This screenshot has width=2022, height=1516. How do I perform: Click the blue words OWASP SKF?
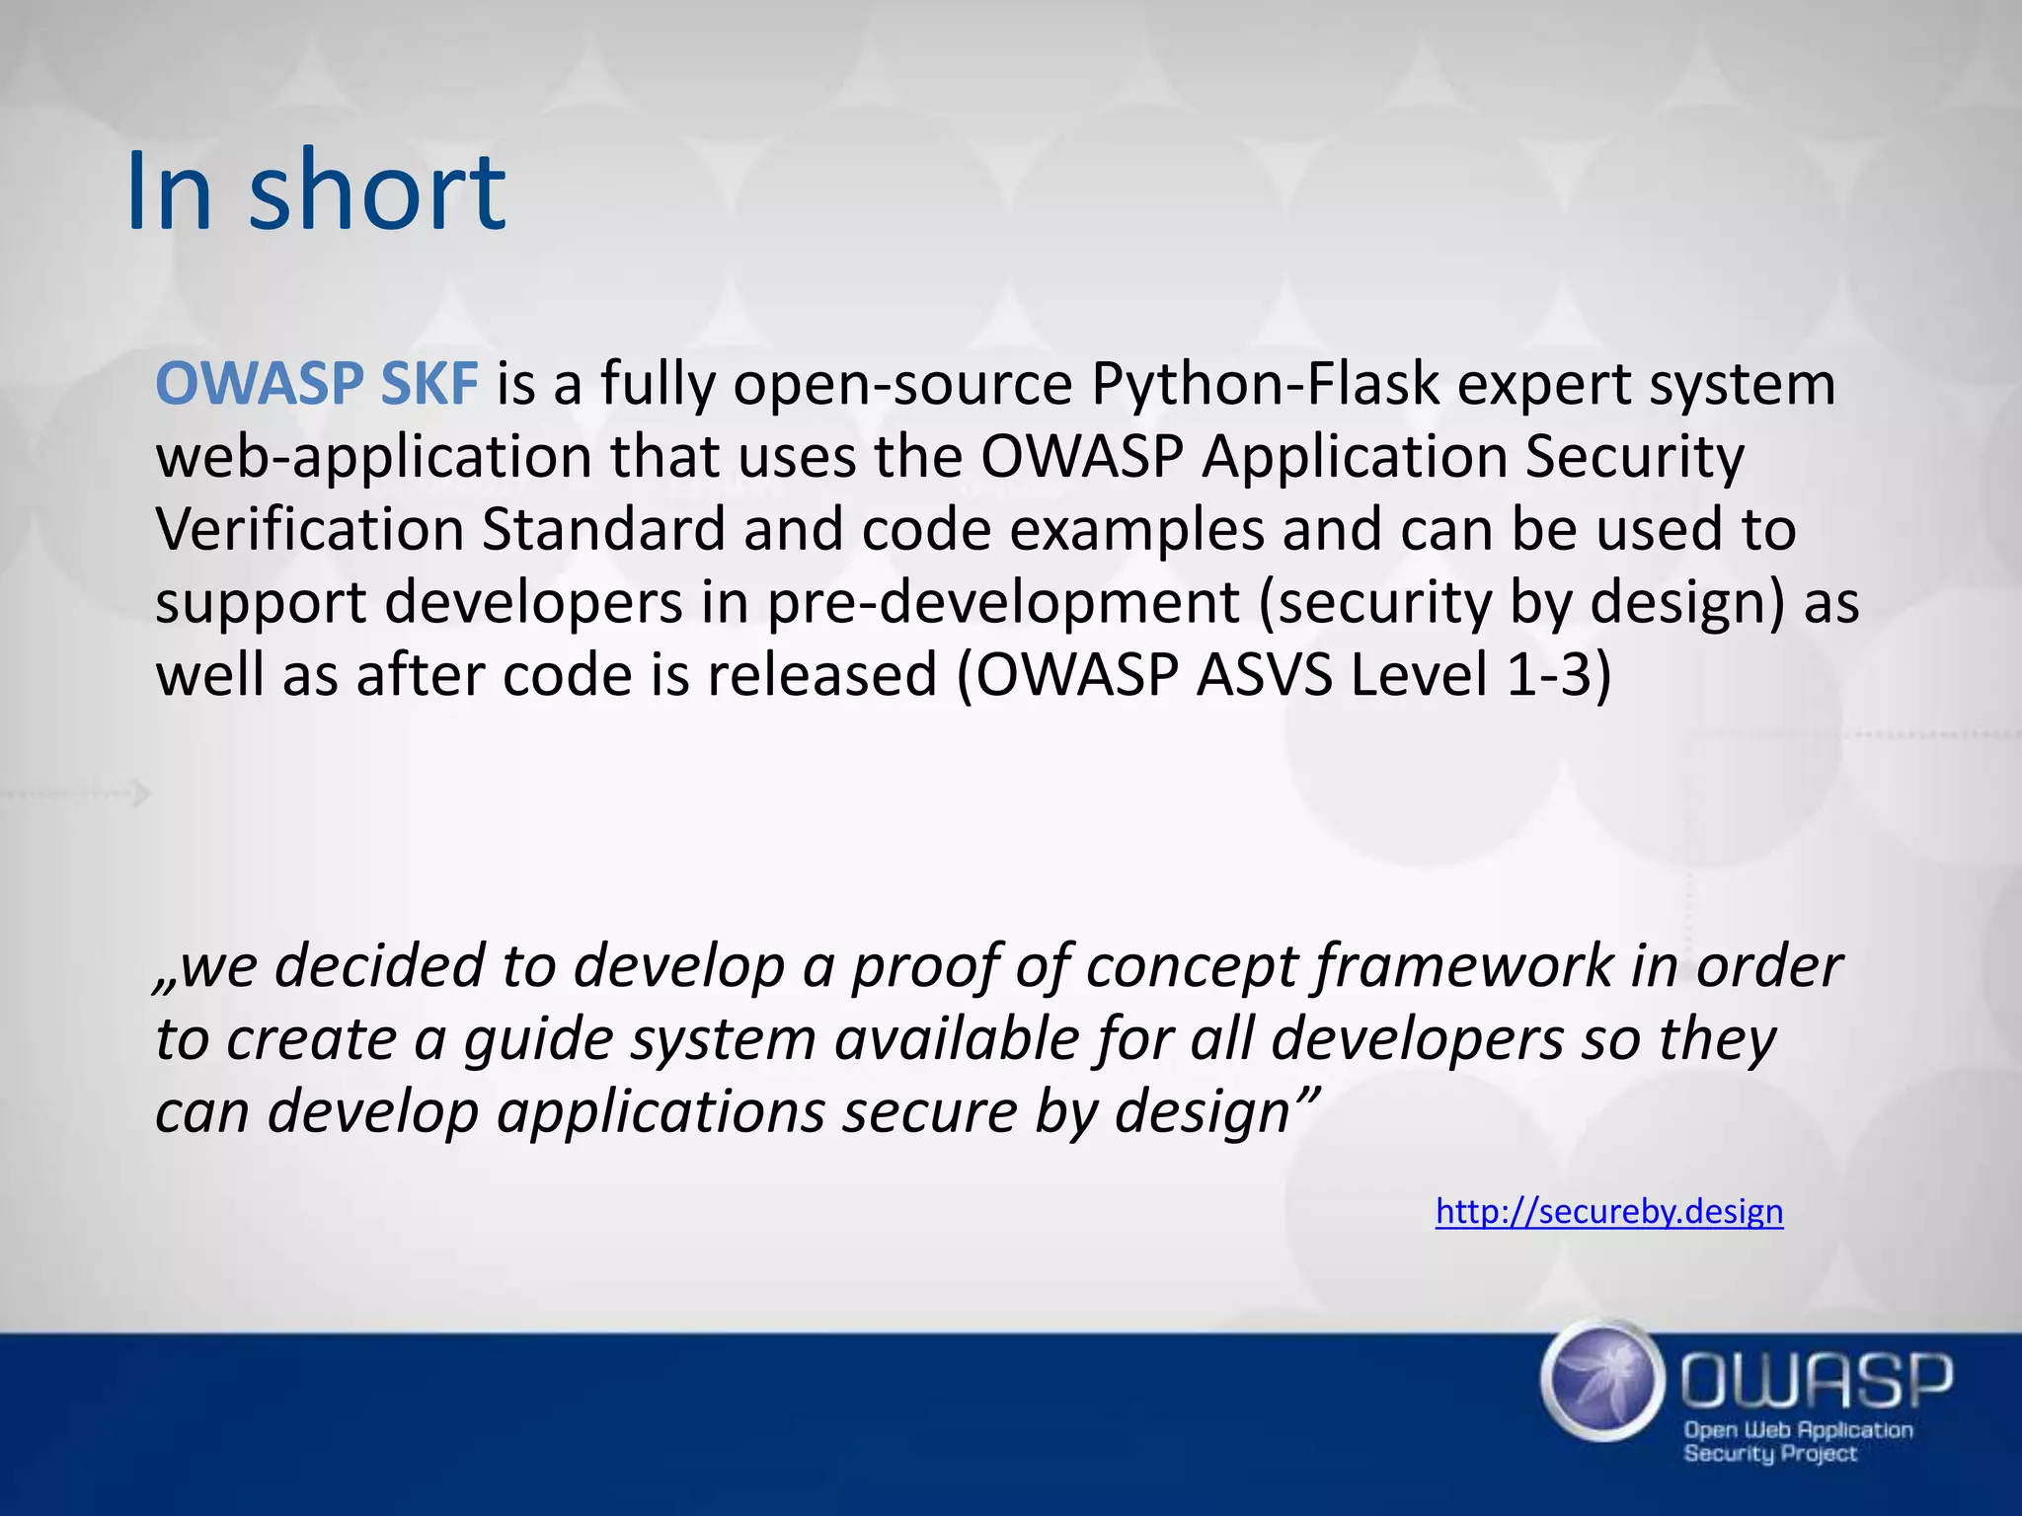316,385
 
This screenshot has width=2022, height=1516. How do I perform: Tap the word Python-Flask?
1265,385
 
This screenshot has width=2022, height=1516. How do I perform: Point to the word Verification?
309,530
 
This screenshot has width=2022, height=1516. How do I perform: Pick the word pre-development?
1002,604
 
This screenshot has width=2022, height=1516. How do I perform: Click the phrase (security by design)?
1521,604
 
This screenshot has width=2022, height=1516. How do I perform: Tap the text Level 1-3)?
1481,676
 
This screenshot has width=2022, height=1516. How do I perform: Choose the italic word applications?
660,1112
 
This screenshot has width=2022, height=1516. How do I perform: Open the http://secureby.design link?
1608,1211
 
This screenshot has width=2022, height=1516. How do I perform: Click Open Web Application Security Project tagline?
1797,1440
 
